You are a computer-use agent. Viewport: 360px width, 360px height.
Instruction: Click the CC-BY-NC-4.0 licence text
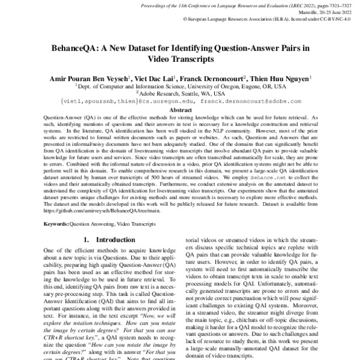coord(334,19)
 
